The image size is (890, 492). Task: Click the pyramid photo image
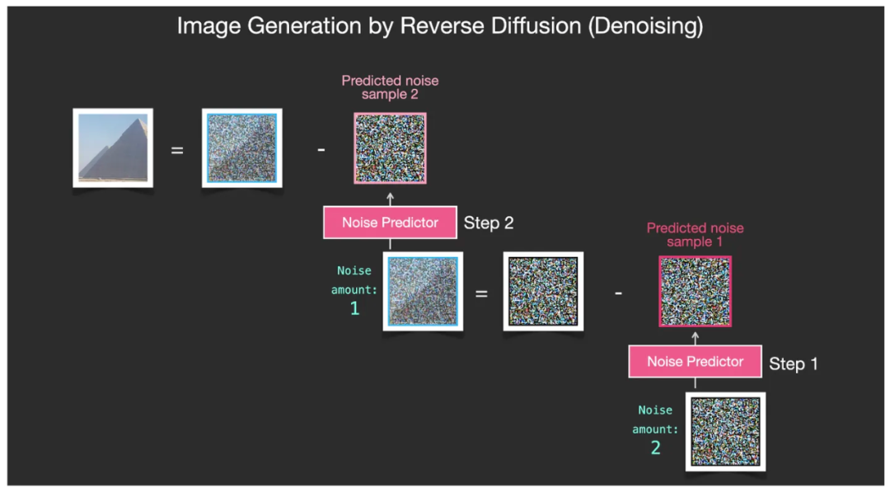click(x=113, y=148)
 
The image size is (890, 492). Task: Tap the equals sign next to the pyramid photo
click(x=177, y=150)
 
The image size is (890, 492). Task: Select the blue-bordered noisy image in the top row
click(x=242, y=148)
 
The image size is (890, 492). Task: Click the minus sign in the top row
click(x=321, y=150)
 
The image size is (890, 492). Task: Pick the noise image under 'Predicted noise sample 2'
click(x=391, y=148)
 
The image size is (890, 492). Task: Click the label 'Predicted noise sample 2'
click(x=390, y=87)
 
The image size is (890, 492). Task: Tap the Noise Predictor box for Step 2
click(x=390, y=223)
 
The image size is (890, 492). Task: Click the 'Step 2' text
click(x=489, y=223)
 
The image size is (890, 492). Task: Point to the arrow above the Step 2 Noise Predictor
click(x=391, y=198)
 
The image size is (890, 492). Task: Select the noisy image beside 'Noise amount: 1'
click(x=423, y=292)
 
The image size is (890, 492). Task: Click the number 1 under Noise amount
click(x=354, y=309)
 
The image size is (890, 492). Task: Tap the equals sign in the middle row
click(x=480, y=293)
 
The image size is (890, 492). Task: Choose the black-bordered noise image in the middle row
click(x=543, y=292)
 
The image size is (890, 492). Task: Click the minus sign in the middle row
click(x=619, y=293)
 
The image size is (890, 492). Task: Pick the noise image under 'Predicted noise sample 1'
click(x=695, y=291)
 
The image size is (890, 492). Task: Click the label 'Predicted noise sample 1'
click(x=695, y=235)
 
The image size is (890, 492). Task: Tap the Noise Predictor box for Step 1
click(x=695, y=362)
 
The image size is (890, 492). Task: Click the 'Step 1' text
click(x=794, y=363)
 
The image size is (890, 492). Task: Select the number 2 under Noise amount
click(x=656, y=448)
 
